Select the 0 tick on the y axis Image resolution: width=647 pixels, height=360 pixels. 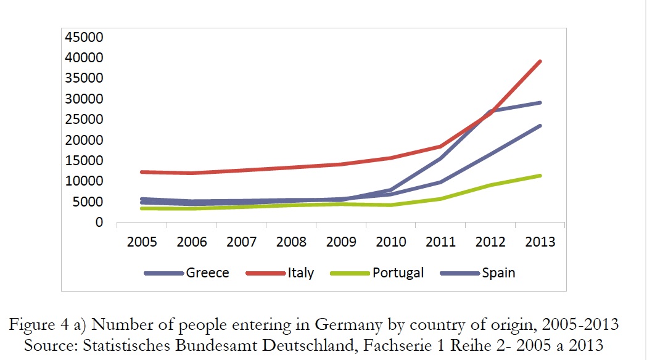pos(98,223)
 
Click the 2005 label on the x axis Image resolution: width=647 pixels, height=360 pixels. pos(142,242)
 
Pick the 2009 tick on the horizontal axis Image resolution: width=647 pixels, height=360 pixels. pos(341,242)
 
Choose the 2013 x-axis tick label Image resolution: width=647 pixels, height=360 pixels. pos(540,242)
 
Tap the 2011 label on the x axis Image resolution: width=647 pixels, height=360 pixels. pos(440,242)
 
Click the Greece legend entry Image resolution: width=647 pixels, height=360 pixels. pos(207,272)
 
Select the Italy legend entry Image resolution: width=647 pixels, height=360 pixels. pos(300,272)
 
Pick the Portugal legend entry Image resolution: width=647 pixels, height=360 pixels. pos(398,272)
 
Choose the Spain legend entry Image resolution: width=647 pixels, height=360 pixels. pos(498,272)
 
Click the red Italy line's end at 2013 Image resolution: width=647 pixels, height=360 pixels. pos(540,61)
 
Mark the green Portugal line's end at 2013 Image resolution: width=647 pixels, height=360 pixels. pos(540,176)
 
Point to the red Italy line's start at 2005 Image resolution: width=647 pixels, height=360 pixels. pos(142,172)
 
